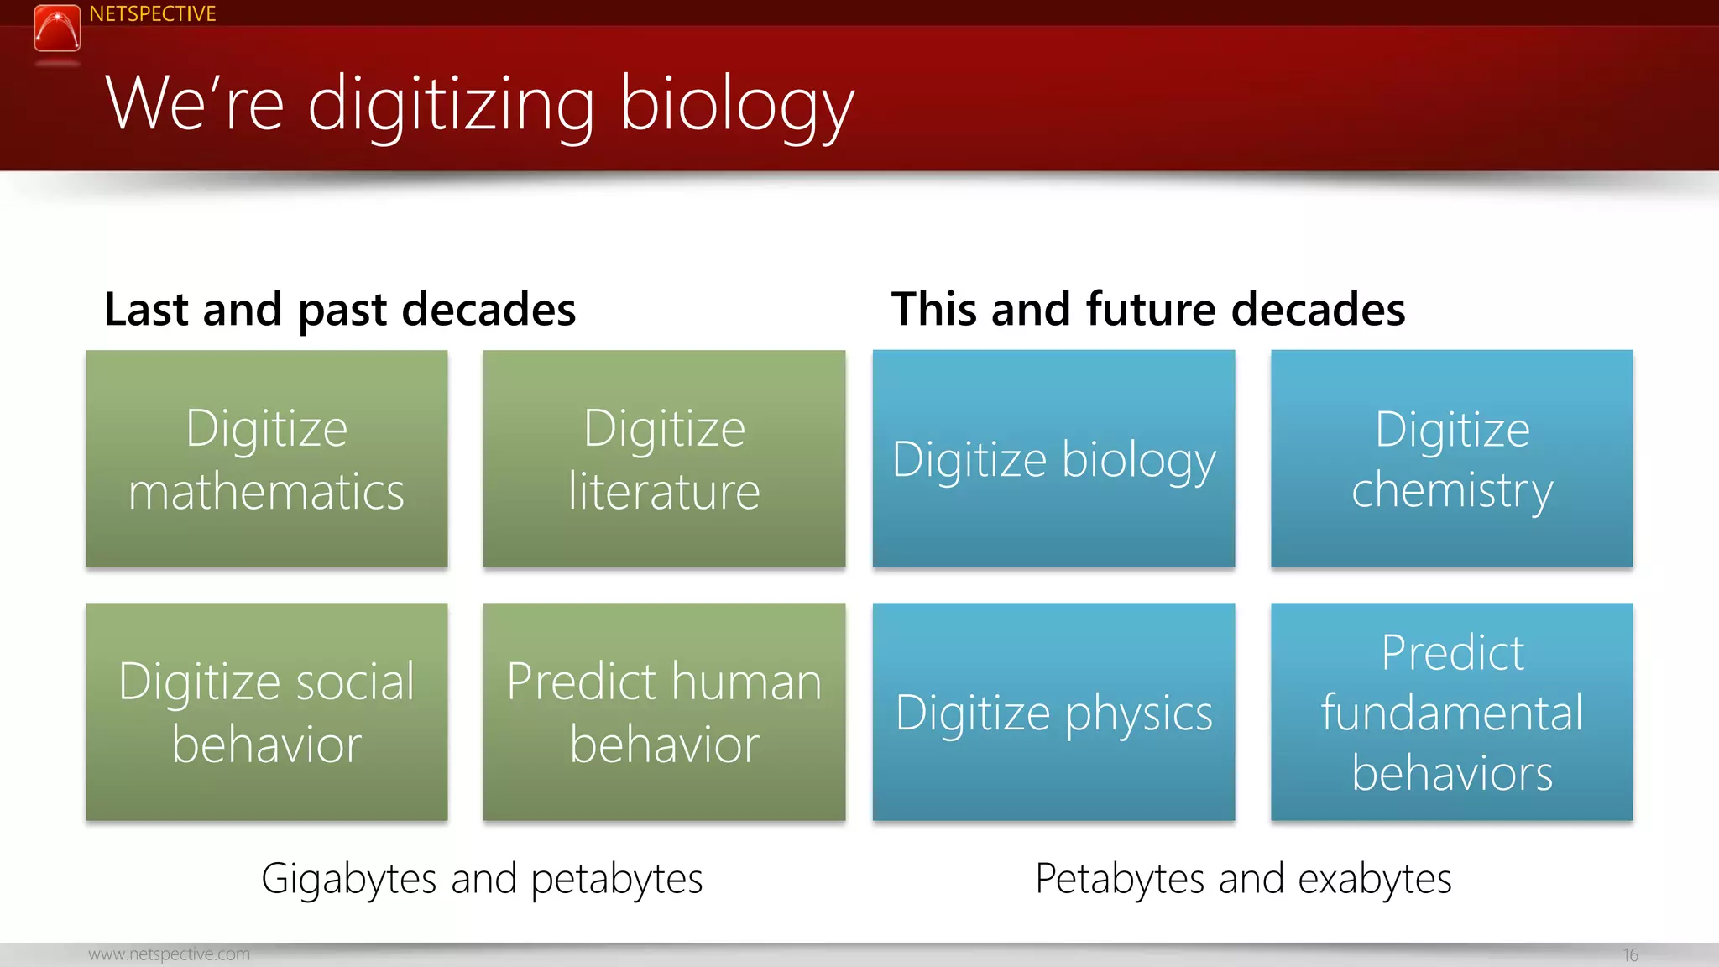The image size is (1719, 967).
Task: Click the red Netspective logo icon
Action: click(57, 29)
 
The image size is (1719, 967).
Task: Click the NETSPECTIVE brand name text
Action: click(152, 14)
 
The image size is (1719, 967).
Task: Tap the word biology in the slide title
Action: click(736, 104)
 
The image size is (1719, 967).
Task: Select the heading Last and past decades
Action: click(340, 309)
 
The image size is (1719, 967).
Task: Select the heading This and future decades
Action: click(1147, 309)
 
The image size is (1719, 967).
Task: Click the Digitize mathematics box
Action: click(266, 458)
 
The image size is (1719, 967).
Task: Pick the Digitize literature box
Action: click(664, 458)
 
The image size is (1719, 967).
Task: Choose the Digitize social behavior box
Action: click(266, 711)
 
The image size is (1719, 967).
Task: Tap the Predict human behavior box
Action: click(664, 711)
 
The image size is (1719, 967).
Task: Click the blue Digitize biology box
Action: click(1053, 458)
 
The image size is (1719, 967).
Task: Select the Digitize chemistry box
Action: click(1451, 458)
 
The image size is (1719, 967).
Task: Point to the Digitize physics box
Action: click(1053, 711)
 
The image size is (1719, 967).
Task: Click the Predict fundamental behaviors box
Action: click(1451, 711)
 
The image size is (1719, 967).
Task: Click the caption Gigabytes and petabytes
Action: click(482, 879)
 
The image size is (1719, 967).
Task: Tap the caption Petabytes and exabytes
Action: click(1243, 879)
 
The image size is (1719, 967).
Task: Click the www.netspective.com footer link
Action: click(169, 954)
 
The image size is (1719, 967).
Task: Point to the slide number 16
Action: click(1630, 955)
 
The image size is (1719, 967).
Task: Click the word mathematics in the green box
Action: click(266, 492)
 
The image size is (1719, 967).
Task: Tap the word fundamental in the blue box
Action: click(1451, 713)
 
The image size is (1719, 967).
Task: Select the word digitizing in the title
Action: click(452, 104)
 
